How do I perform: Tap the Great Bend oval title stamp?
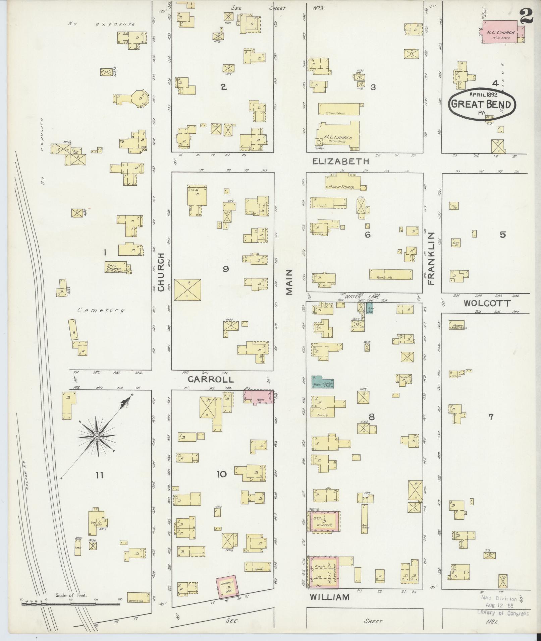click(x=482, y=104)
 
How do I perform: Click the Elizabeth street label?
click(x=340, y=162)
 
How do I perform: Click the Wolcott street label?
click(x=487, y=304)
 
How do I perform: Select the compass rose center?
click(x=97, y=437)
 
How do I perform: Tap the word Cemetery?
click(x=100, y=310)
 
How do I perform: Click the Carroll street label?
click(x=211, y=379)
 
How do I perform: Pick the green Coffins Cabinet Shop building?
click(x=322, y=382)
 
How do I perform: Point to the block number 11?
click(x=99, y=475)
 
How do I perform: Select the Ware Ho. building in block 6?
click(x=391, y=274)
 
